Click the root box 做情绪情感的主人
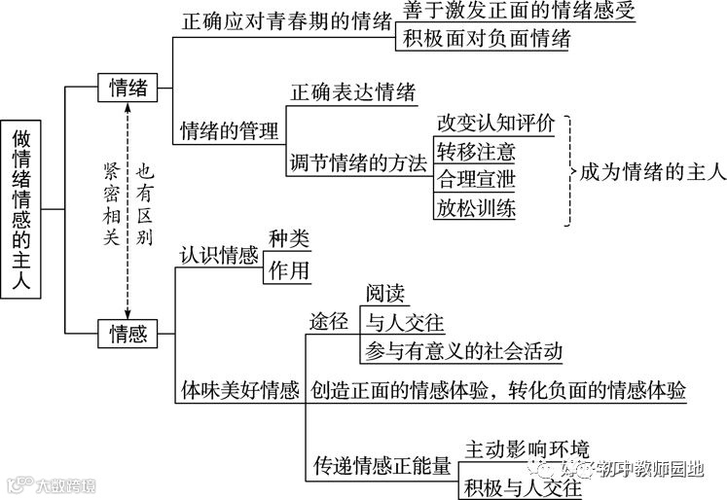tap(21, 208)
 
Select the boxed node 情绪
tap(128, 88)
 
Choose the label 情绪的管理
tap(230, 131)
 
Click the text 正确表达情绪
tap(352, 93)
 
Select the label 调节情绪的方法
tap(359, 163)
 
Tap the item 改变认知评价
tap(495, 124)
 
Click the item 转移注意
tap(476, 152)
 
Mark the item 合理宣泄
tap(476, 180)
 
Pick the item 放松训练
tap(476, 208)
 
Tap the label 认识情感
tap(219, 256)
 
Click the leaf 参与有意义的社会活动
tap(463, 349)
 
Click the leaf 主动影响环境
tap(526, 448)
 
